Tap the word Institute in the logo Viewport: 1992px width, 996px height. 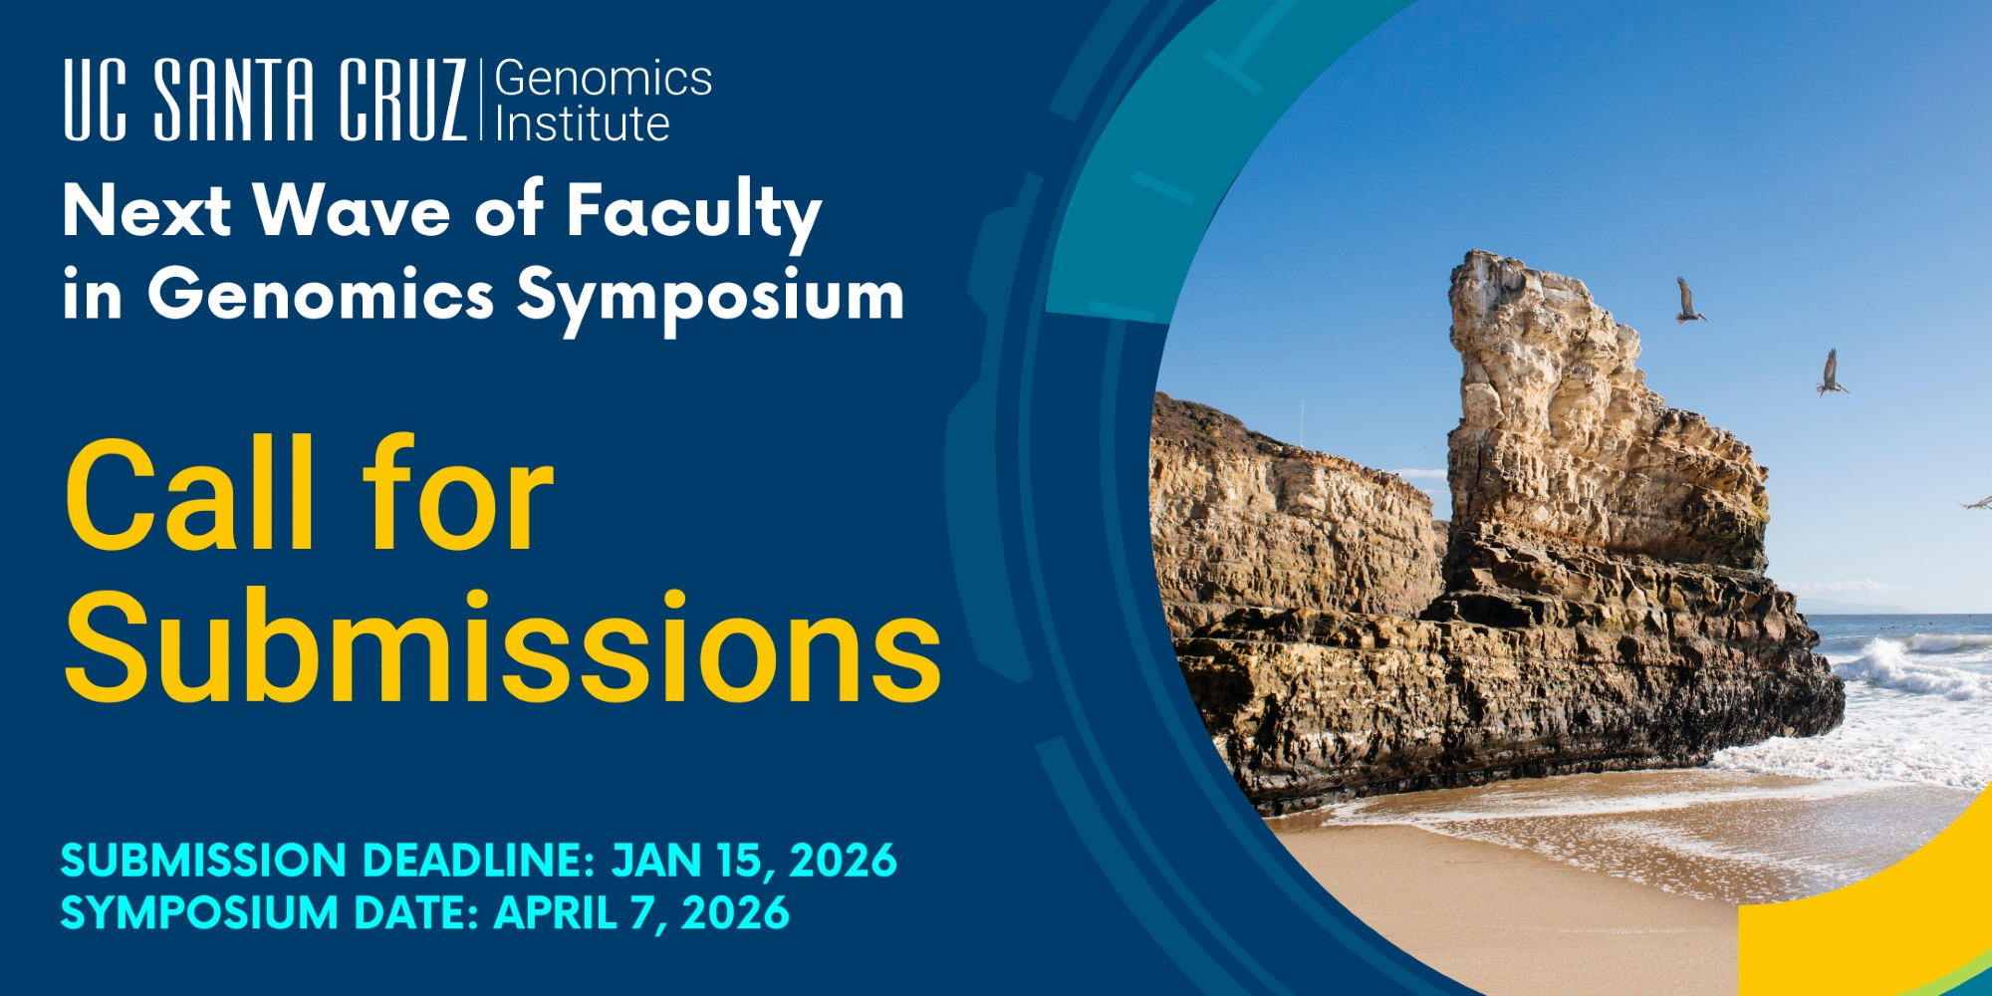(583, 124)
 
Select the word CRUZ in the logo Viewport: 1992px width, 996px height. (402, 100)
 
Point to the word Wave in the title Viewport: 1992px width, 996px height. (352, 210)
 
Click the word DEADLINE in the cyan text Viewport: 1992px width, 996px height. (478, 861)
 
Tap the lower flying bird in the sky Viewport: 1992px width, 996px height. (1831, 373)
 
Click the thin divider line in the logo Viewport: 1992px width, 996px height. (481, 100)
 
